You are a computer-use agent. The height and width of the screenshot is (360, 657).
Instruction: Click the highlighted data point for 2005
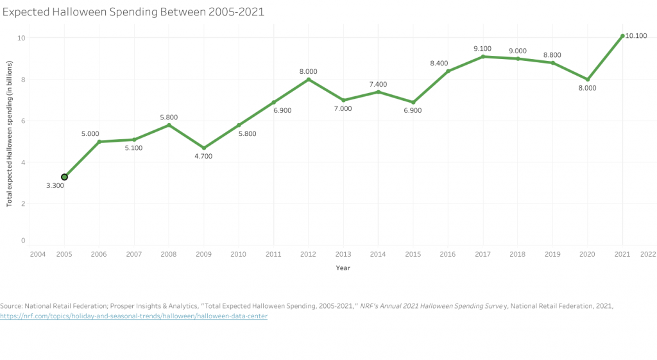(64, 176)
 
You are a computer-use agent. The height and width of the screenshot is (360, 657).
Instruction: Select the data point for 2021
(622, 36)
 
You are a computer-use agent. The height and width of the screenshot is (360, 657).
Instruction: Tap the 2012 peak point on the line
(309, 80)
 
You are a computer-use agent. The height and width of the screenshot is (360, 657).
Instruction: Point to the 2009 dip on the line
(203, 148)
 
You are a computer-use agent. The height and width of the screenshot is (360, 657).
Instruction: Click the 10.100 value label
(636, 36)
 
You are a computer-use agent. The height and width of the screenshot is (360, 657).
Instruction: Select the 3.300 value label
(55, 186)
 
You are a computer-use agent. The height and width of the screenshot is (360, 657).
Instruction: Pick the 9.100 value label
(482, 48)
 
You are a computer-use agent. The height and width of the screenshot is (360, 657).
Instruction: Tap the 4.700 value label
(203, 157)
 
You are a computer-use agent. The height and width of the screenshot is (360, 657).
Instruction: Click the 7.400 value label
(379, 84)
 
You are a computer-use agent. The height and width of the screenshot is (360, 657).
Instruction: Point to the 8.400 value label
(447, 63)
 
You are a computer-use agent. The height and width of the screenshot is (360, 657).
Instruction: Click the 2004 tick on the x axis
(37, 255)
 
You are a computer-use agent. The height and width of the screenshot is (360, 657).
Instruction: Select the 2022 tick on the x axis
(647, 255)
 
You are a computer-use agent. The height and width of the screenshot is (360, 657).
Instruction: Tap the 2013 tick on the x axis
(343, 255)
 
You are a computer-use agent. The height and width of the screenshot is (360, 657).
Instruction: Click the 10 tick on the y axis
(21, 38)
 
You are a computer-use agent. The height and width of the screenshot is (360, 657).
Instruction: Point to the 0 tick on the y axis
(23, 241)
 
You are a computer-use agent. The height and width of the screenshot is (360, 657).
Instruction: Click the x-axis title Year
(343, 268)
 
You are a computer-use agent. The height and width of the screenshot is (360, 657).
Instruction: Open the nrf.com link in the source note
(133, 316)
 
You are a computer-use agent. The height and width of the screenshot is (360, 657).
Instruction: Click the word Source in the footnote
(12, 306)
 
